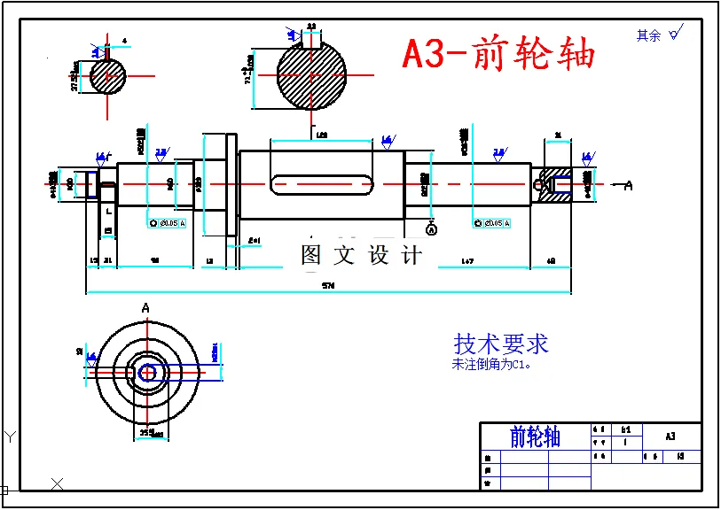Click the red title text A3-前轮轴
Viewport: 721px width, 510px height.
(x=498, y=53)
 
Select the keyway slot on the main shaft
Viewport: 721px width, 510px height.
(x=321, y=184)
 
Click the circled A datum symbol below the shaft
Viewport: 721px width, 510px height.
(x=432, y=229)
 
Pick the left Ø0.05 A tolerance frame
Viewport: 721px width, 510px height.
(x=168, y=223)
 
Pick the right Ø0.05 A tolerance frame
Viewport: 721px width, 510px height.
(x=492, y=223)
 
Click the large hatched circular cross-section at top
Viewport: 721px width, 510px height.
(x=311, y=74)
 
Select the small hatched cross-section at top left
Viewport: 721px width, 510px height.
(x=107, y=76)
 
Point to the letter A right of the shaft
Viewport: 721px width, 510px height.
(x=629, y=185)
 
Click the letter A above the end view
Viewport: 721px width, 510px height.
(x=145, y=307)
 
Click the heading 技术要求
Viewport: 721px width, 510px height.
(x=501, y=344)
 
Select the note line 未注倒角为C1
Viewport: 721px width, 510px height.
(x=490, y=363)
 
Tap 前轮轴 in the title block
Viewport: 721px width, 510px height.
(x=535, y=437)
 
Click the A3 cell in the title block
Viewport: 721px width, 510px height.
(x=670, y=436)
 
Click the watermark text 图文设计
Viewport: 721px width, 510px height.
(x=361, y=255)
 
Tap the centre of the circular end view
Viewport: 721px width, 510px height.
(x=148, y=373)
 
